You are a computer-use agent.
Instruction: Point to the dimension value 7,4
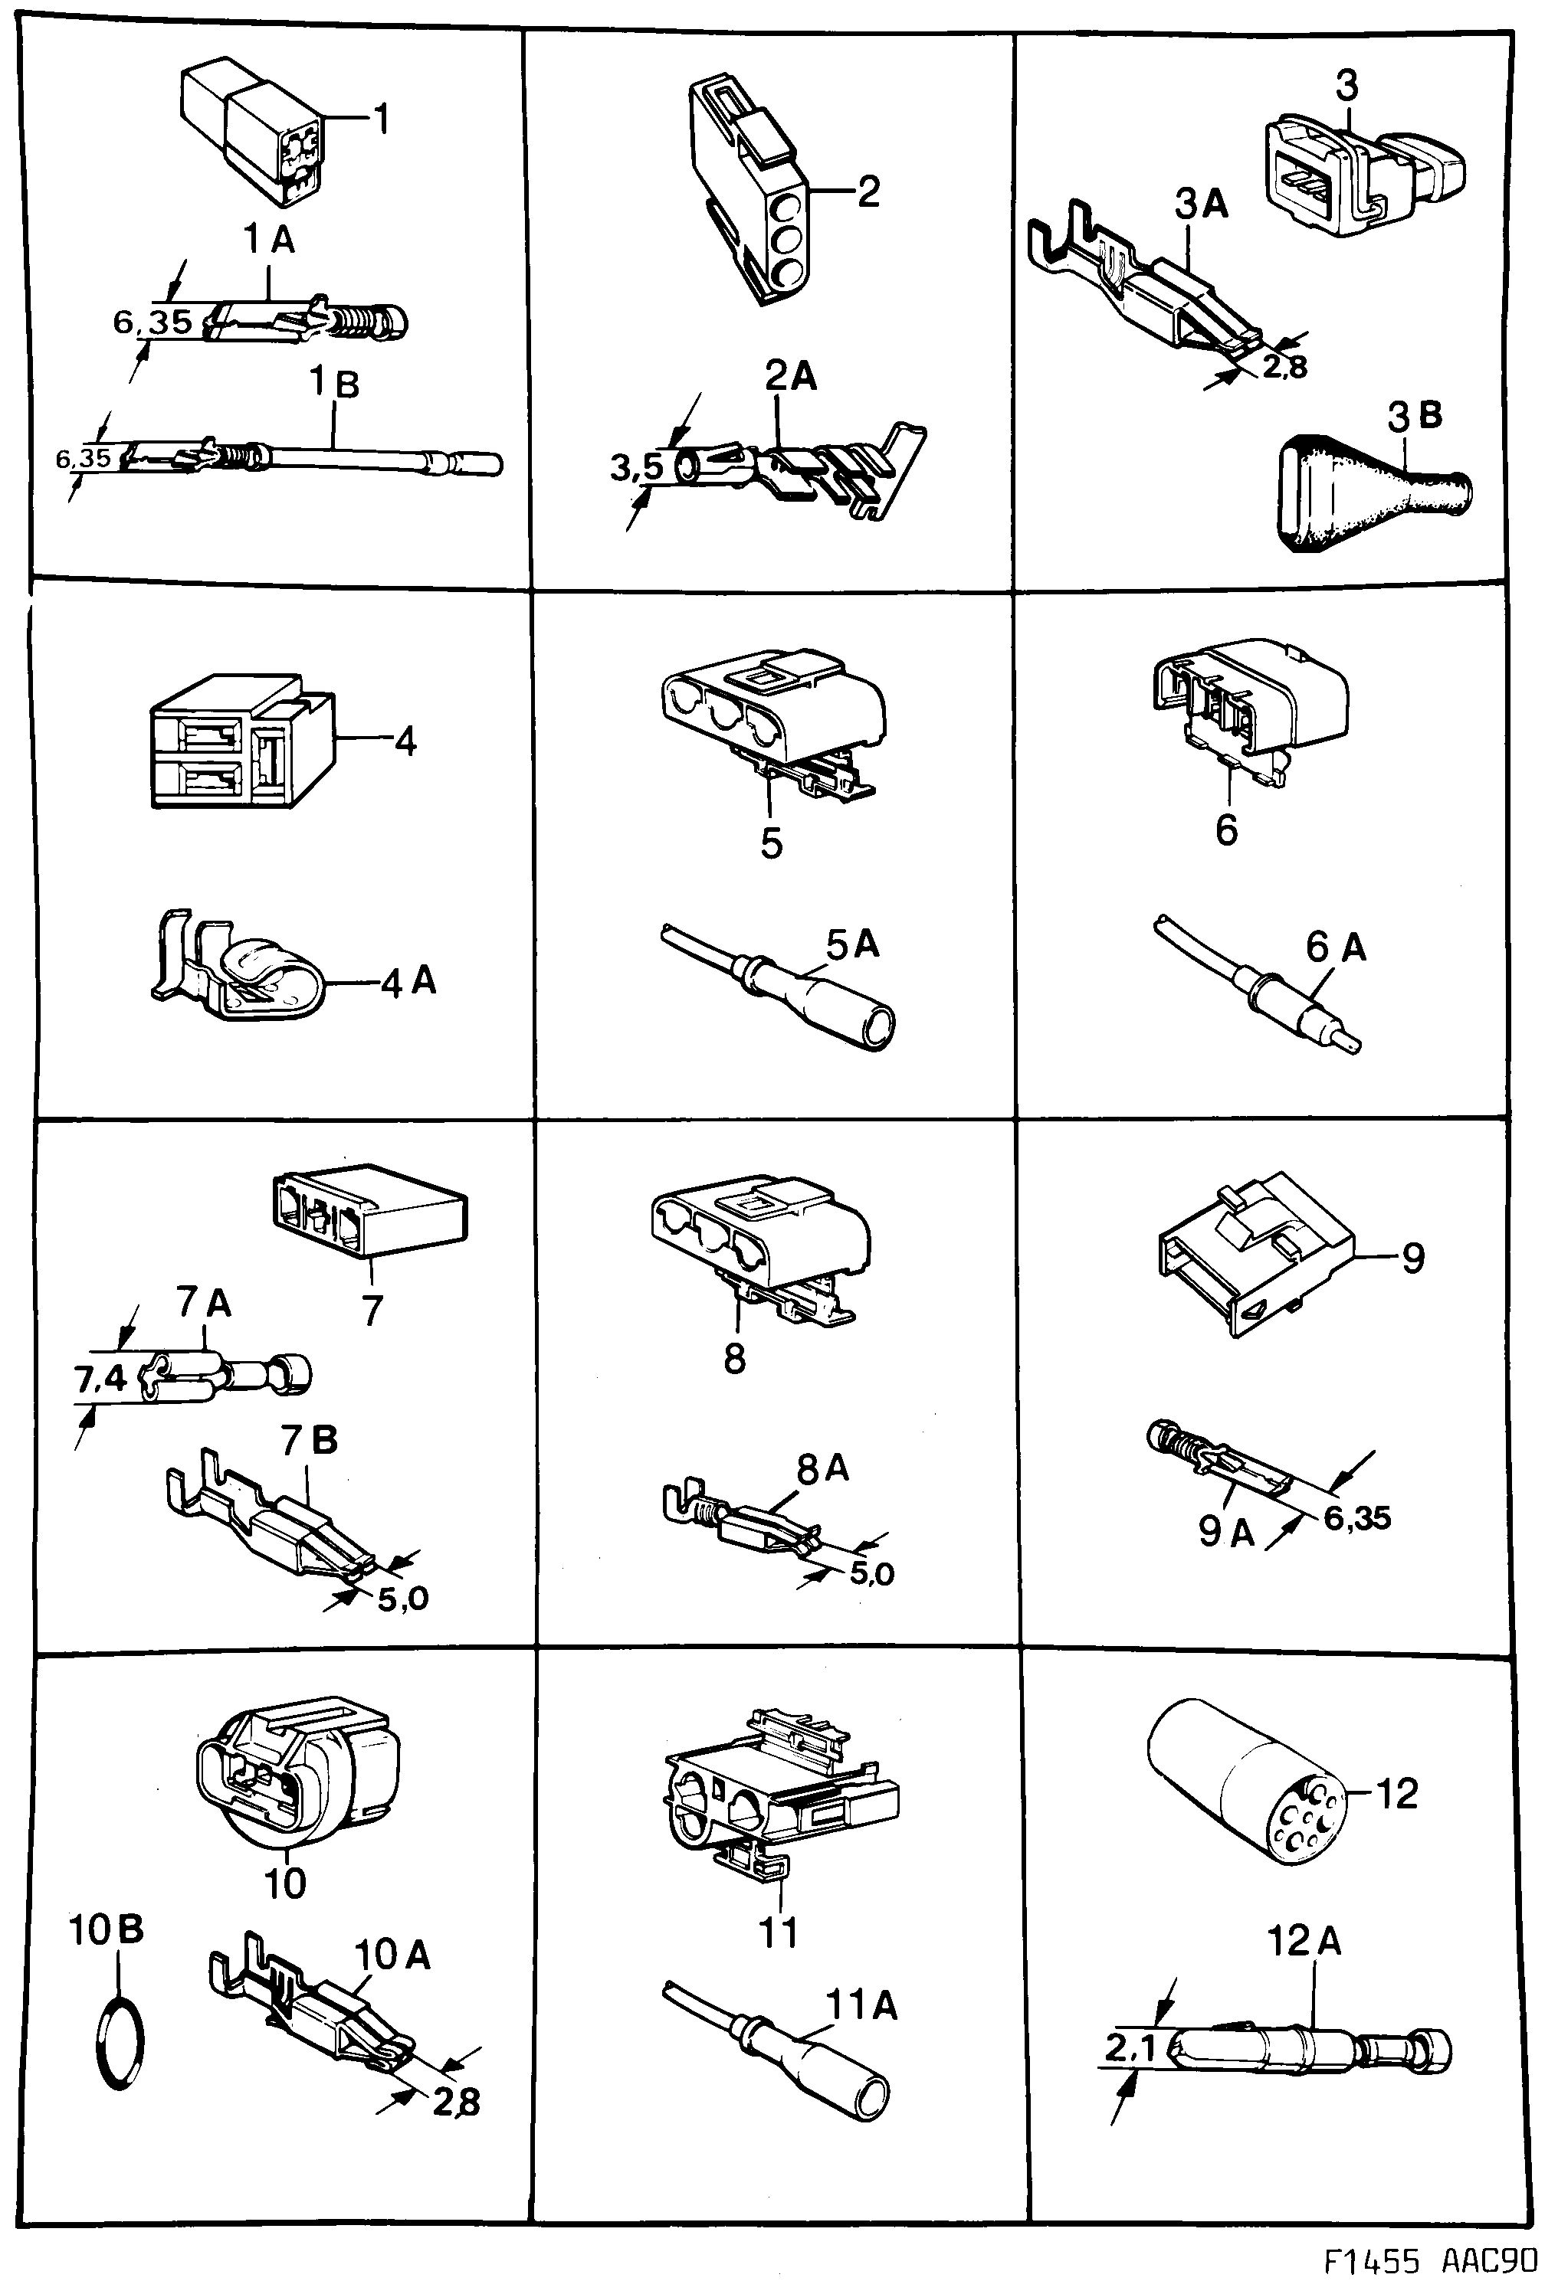click(x=101, y=1378)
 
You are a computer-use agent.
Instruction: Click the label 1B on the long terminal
click(x=335, y=383)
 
